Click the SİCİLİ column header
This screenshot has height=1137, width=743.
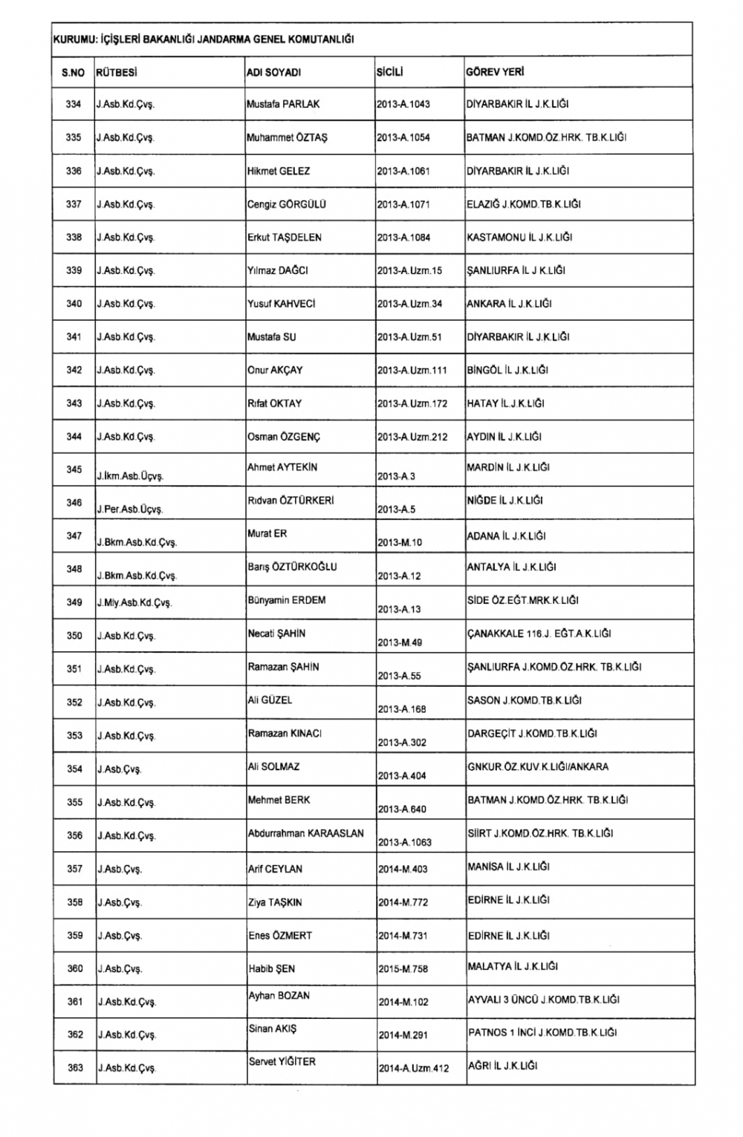coord(390,73)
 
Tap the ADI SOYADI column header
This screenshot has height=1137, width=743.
coord(273,73)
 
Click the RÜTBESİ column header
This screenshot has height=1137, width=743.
coord(117,73)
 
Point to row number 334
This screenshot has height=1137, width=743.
coord(74,105)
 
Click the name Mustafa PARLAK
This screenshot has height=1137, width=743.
coord(283,105)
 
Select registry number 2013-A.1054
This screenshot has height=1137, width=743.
coord(403,138)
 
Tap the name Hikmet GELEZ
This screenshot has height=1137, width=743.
coord(279,172)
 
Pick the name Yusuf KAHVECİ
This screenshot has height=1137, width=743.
coord(282,304)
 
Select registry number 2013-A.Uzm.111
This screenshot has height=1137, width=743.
coord(412,371)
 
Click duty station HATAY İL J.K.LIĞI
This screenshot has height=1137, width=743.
coord(505,403)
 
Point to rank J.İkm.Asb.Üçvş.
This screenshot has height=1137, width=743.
coord(130,476)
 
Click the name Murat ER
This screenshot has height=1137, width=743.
coord(267,534)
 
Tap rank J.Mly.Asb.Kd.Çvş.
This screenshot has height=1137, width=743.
coord(134,603)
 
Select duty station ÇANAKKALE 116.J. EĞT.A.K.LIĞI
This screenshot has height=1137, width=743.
coord(539,633)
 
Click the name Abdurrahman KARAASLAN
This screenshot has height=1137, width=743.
coord(306,833)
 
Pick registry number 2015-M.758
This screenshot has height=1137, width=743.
coord(403,969)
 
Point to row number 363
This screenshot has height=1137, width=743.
coord(75,1068)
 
